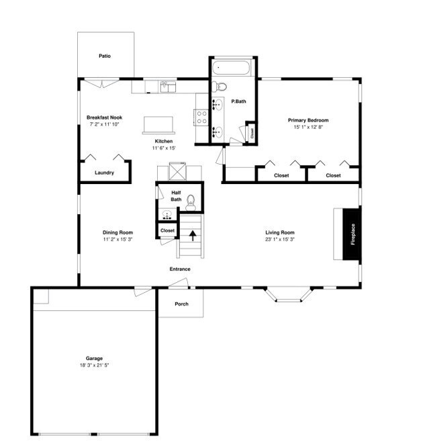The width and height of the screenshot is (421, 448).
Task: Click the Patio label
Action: pyautogui.click(x=104, y=56)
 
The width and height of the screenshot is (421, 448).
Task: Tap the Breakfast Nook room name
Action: pyautogui.click(x=104, y=118)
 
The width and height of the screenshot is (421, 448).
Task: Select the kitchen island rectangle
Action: pyautogui.click(x=158, y=124)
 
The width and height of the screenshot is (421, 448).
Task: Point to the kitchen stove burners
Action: pyautogui.click(x=201, y=118)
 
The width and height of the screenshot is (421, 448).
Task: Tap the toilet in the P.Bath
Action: pyautogui.click(x=220, y=86)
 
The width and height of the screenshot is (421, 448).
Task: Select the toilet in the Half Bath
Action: pyautogui.click(x=190, y=200)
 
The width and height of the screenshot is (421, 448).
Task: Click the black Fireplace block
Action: pyautogui.click(x=352, y=234)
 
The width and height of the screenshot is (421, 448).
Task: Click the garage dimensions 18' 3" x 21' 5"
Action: pyautogui.click(x=94, y=366)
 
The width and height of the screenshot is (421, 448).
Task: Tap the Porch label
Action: pyautogui.click(x=181, y=304)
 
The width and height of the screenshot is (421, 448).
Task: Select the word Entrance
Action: pyautogui.click(x=180, y=269)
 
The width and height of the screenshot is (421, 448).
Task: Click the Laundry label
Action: pyautogui.click(x=104, y=173)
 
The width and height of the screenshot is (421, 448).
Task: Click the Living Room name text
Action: pyautogui.click(x=280, y=232)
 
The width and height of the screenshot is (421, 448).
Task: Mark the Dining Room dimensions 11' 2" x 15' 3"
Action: pyautogui.click(x=118, y=239)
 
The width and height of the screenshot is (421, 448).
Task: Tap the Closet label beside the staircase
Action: pyautogui.click(x=167, y=230)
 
